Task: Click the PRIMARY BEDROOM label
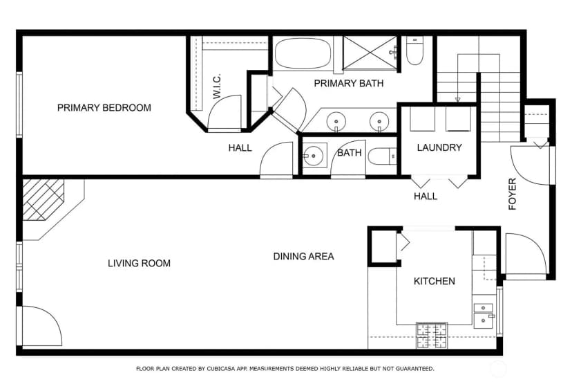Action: [x=104, y=108]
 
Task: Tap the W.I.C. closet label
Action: [x=217, y=87]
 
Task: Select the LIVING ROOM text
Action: [x=139, y=263]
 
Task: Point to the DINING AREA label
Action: [x=303, y=257]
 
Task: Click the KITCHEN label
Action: [x=434, y=281]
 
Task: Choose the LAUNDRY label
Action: [x=439, y=147]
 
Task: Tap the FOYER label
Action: [x=513, y=194]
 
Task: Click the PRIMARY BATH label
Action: [x=349, y=83]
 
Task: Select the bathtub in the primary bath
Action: [x=303, y=53]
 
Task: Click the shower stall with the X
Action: [x=370, y=53]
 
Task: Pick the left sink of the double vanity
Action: [x=336, y=121]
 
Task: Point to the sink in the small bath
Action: [x=314, y=156]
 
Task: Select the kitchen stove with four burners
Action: [x=432, y=336]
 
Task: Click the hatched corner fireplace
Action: [x=44, y=199]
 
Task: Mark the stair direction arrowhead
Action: [x=457, y=100]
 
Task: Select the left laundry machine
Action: [x=422, y=119]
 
